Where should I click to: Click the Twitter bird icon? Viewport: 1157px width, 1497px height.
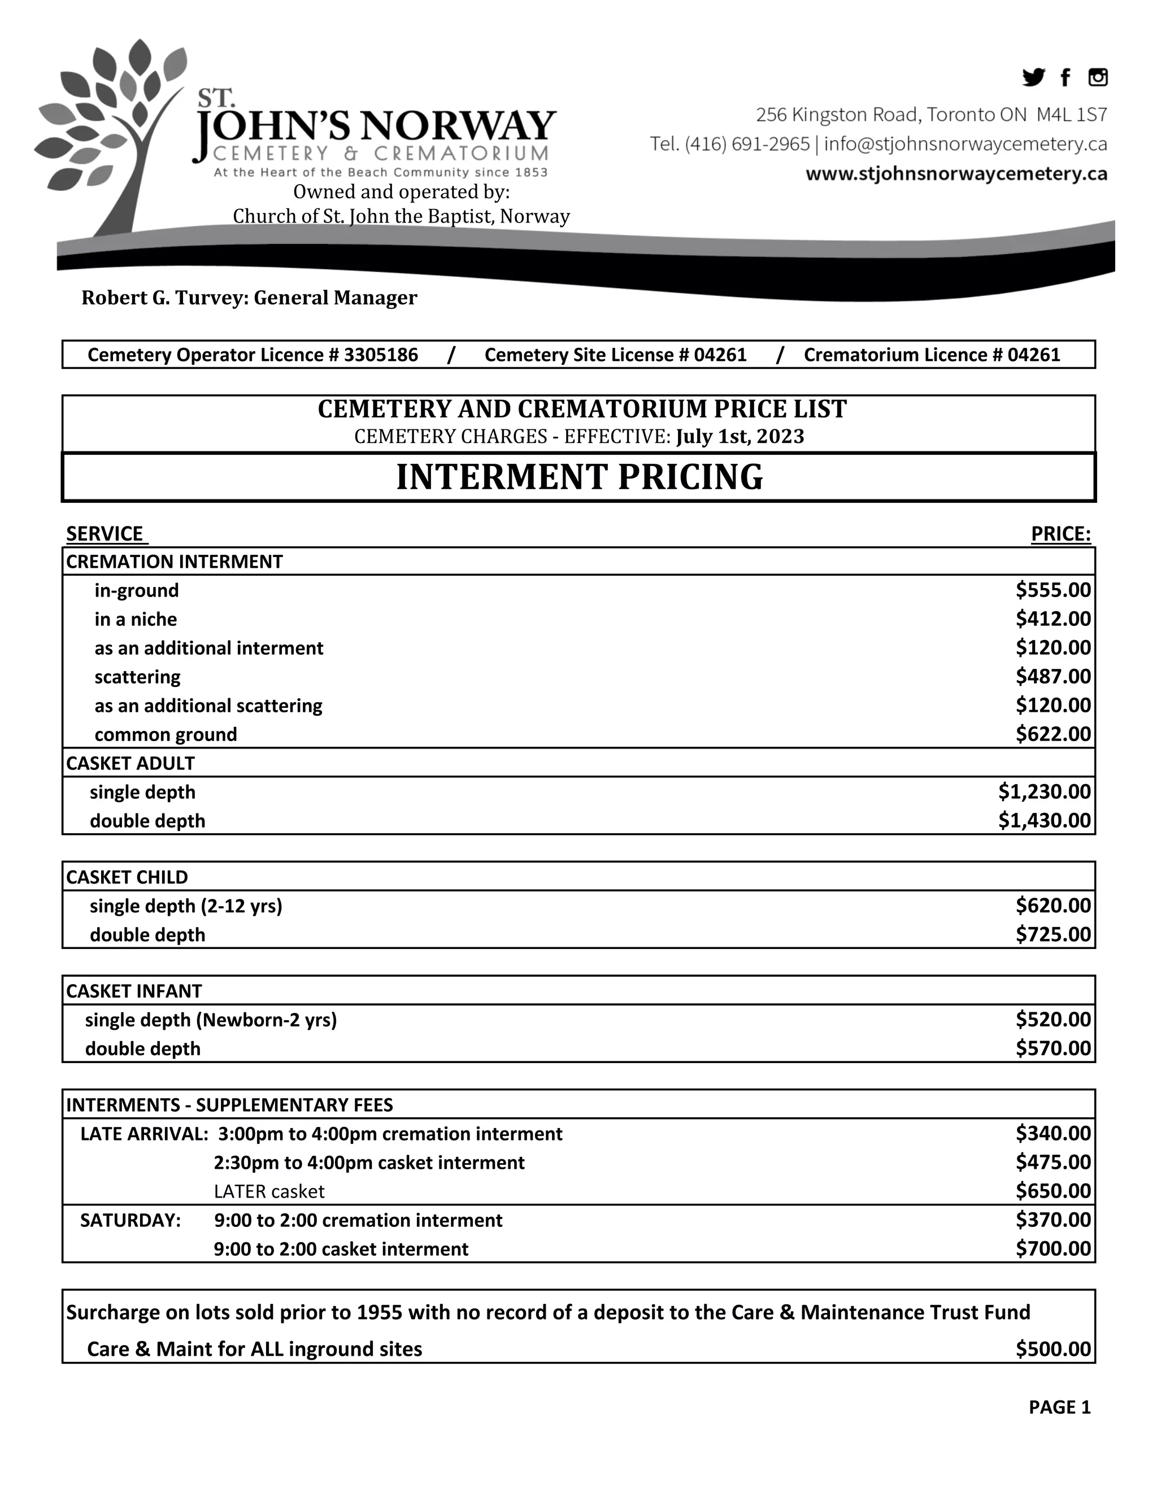1033,77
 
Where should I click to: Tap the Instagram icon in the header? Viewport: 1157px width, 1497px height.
1097,77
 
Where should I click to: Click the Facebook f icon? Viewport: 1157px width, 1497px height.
1064,78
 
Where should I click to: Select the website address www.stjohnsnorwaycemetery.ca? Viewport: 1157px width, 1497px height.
956,174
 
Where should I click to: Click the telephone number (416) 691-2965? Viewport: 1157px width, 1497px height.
747,144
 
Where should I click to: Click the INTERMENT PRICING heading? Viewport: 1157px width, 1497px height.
578,477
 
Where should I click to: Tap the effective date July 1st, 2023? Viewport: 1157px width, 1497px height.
740,437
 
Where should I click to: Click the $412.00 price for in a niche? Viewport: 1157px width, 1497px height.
1053,619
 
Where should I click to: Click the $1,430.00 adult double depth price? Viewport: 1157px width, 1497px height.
1044,820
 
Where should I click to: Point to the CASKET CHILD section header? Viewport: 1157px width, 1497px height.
127,877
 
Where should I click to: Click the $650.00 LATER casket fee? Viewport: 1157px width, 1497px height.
1053,1191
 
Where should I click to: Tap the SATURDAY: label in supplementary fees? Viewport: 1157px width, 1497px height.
131,1220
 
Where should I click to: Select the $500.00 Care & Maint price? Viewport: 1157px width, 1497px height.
1053,1349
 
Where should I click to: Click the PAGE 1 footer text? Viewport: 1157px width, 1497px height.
1059,1407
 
